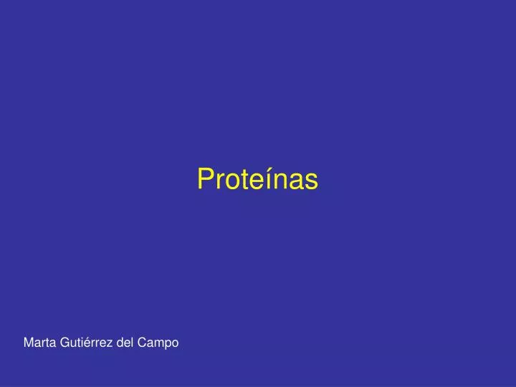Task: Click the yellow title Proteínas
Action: pyautogui.click(x=258, y=178)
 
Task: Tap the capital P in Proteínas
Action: pyautogui.click(x=206, y=178)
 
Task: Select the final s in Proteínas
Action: pyautogui.click(x=312, y=181)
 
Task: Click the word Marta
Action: pyautogui.click(x=40, y=343)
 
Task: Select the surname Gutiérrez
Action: pyautogui.click(x=87, y=343)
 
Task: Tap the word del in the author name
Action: pyautogui.click(x=125, y=343)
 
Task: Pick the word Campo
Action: pyautogui.click(x=158, y=343)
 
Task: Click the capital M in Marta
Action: pyautogui.click(x=28, y=343)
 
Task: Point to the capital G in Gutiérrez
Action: pyautogui.click(x=64, y=343)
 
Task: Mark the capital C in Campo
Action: pyautogui.click(x=142, y=343)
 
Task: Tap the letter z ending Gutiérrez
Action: pyautogui.click(x=110, y=344)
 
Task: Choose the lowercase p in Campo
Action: pyautogui.click(x=168, y=345)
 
